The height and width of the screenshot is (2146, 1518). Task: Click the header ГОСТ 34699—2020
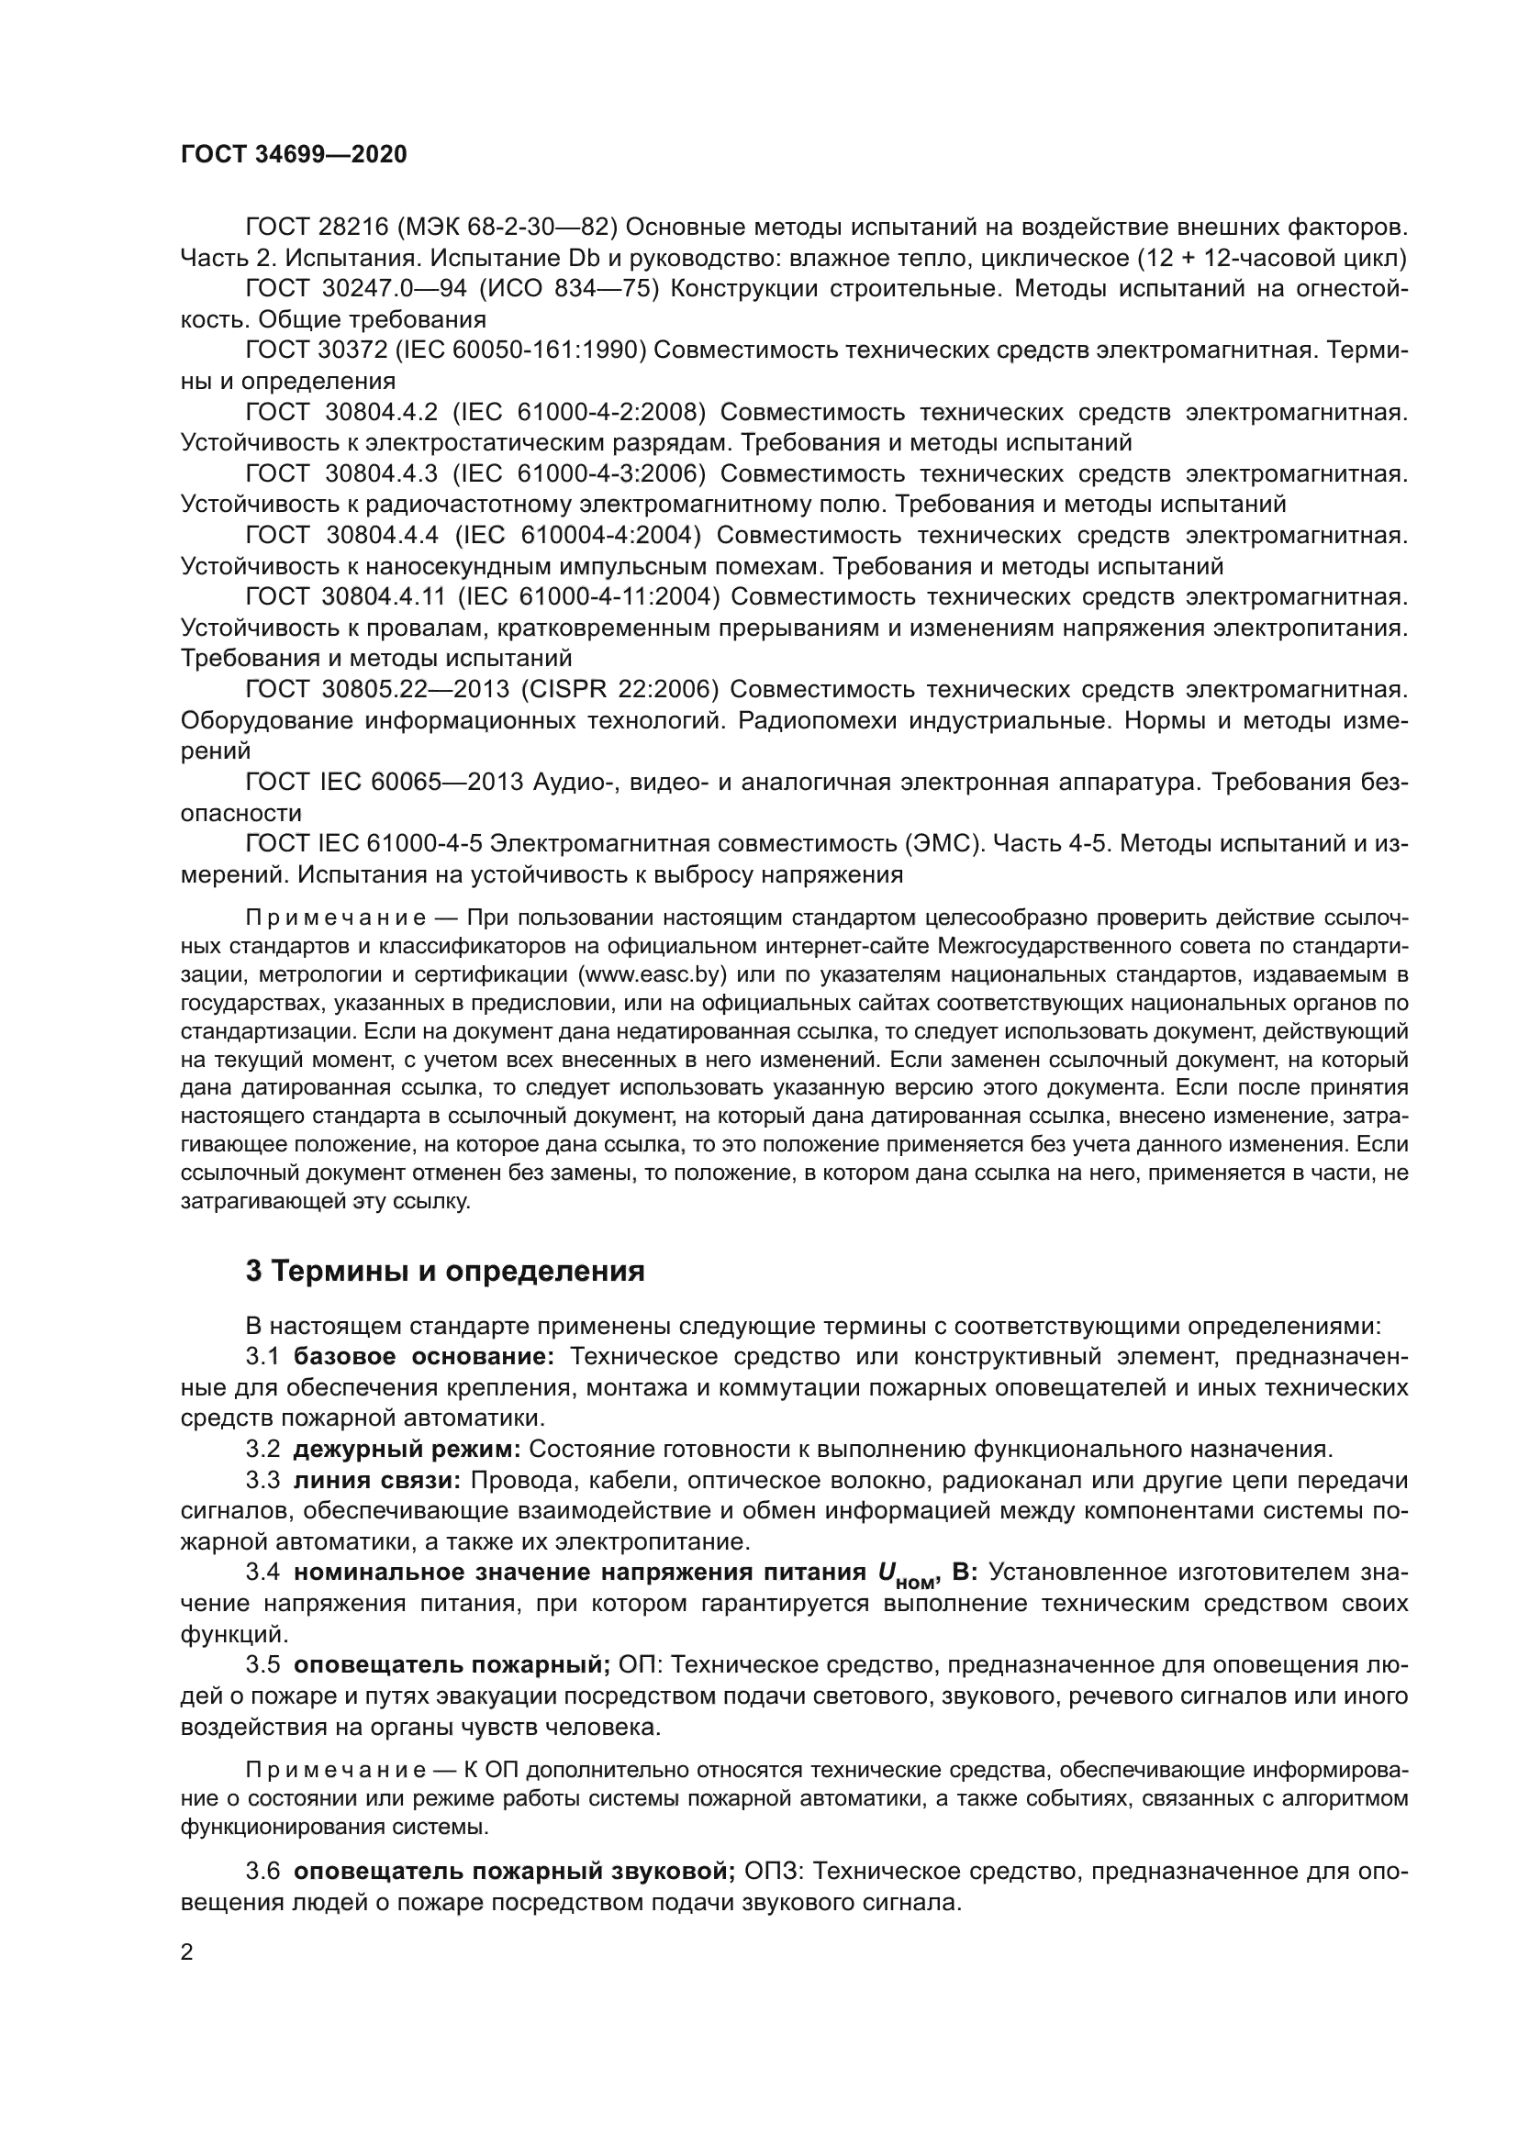tap(294, 155)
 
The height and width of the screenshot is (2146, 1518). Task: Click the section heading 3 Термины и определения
tap(445, 1271)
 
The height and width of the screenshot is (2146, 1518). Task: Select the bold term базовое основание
tap(423, 1356)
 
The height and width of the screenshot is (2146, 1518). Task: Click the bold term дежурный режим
tap(407, 1449)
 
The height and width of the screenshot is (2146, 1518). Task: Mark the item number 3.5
tap(262, 1664)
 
